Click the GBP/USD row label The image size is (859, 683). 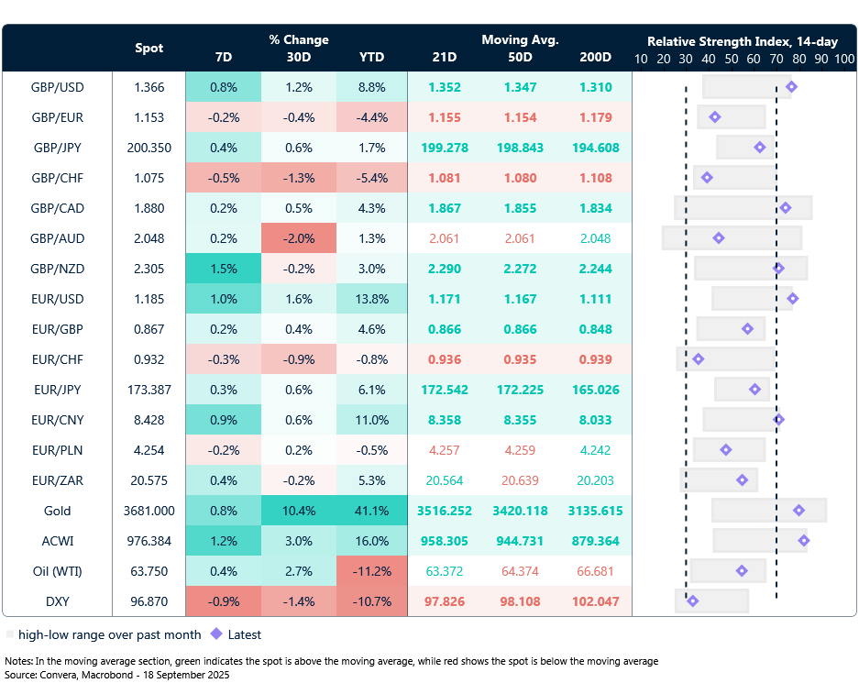click(x=57, y=88)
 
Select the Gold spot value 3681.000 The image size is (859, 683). click(x=149, y=511)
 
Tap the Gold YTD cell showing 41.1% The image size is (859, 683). click(x=371, y=511)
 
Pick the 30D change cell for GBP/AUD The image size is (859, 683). click(x=298, y=238)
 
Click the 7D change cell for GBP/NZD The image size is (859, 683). click(x=223, y=269)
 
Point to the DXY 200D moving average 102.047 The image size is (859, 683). click(x=596, y=601)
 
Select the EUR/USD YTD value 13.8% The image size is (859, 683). click(x=371, y=299)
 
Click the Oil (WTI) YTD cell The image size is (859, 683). click(x=371, y=571)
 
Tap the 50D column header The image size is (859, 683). click(x=520, y=58)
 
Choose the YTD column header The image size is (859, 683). click(x=371, y=58)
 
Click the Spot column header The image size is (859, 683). click(x=149, y=48)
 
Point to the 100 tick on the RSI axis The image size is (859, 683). click(x=844, y=59)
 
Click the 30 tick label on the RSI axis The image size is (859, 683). click(x=686, y=59)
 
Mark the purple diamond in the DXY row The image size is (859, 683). click(x=692, y=601)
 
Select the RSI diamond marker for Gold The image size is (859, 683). click(x=798, y=511)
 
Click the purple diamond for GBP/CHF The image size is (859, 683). click(x=706, y=178)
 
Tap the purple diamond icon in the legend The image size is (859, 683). click(x=216, y=634)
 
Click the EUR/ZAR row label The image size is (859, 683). click(x=57, y=480)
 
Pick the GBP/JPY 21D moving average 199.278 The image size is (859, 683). click(x=445, y=148)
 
